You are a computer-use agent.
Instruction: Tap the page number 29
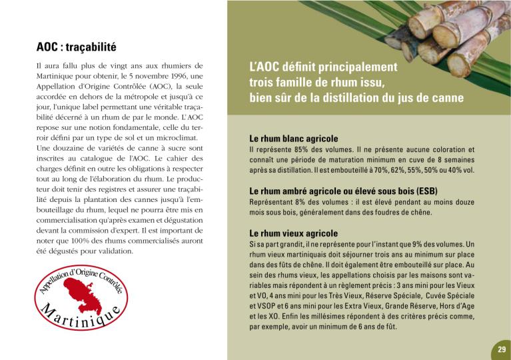[x=501, y=349]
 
